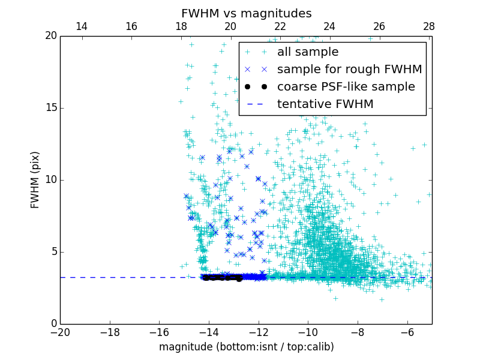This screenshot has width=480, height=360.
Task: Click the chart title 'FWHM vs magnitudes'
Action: click(x=246, y=13)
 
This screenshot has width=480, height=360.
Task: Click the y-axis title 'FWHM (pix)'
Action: click(x=35, y=179)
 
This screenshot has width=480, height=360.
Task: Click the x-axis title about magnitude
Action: click(x=246, y=347)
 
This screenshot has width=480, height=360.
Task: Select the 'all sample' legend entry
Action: click(x=308, y=52)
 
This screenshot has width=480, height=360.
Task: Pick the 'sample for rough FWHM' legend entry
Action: click(x=349, y=70)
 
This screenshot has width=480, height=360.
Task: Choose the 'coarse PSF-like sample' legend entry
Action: click(x=346, y=87)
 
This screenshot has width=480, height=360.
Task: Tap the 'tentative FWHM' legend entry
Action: click(x=325, y=104)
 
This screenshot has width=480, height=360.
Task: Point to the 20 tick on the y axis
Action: click(x=50, y=36)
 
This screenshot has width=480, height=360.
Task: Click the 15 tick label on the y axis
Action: click(x=50, y=108)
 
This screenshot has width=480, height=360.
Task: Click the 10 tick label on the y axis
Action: click(x=50, y=180)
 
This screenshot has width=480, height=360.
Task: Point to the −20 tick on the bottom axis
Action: click(x=60, y=332)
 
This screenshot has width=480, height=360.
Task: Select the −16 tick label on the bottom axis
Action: click(x=159, y=332)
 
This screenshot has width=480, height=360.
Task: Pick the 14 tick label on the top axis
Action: click(x=81, y=26)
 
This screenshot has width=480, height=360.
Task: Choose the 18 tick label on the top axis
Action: click(x=181, y=26)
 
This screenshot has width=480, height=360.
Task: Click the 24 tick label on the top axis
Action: click(x=329, y=26)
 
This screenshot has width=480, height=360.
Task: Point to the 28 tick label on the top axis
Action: click(x=428, y=26)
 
